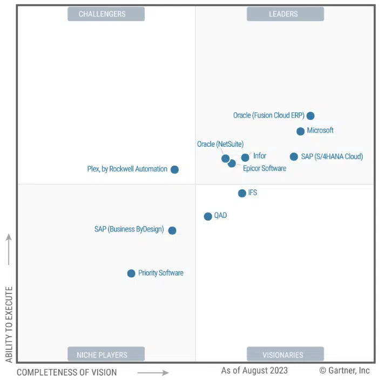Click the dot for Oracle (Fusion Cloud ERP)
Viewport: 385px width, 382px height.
point(310,115)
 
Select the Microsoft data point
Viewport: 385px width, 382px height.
point(301,131)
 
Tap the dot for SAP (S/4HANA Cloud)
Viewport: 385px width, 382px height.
point(294,156)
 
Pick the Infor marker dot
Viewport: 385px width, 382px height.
point(245,158)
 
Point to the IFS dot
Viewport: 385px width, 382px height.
point(242,193)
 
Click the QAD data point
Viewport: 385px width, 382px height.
point(208,216)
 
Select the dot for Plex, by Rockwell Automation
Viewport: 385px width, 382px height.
point(174,169)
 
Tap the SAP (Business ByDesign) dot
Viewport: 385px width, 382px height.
point(172,230)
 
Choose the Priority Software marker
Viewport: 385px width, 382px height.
point(131,274)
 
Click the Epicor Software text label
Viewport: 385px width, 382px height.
point(265,168)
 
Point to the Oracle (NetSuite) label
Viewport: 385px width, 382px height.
point(220,144)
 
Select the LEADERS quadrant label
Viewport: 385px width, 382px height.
point(285,14)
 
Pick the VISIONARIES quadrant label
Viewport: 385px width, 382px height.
point(285,354)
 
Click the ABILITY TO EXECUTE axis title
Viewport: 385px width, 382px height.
point(9,324)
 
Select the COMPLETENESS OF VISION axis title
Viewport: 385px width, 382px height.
point(66,372)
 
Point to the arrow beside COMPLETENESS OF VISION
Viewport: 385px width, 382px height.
point(153,372)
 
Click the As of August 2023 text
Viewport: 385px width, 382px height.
point(254,371)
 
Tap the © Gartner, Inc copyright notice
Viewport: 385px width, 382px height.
point(345,371)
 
